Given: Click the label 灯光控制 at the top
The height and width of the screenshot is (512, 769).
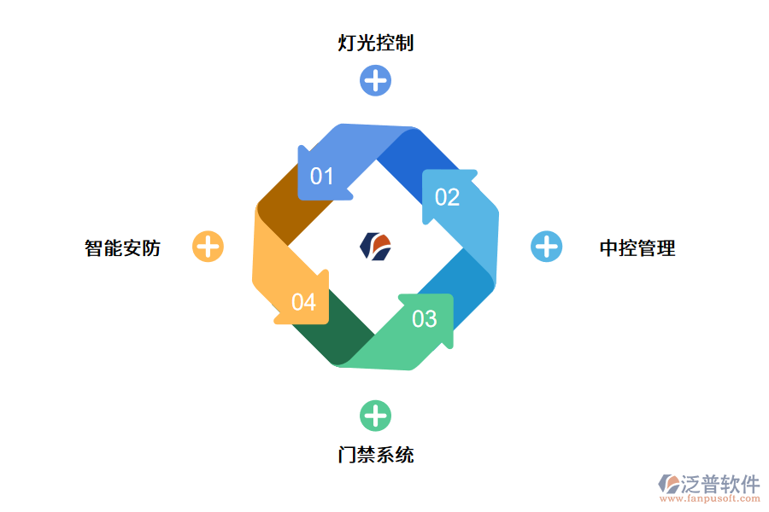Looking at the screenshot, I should [x=376, y=42].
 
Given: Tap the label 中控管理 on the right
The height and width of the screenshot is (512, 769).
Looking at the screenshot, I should [x=637, y=248].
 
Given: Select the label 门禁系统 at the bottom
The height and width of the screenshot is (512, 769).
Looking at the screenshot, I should [x=376, y=455].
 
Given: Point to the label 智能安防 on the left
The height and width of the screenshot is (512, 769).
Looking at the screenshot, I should [x=123, y=248].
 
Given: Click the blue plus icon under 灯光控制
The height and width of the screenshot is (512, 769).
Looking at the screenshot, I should [x=375, y=81].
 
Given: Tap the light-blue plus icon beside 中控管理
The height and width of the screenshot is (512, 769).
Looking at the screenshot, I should [x=547, y=247].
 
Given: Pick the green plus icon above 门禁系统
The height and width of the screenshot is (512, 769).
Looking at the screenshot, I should [x=375, y=416].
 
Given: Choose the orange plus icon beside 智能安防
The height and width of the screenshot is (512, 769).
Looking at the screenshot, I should [x=208, y=247].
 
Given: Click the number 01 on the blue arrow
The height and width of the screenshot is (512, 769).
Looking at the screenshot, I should [x=321, y=177].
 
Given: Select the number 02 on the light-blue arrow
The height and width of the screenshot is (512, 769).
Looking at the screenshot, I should [x=448, y=198].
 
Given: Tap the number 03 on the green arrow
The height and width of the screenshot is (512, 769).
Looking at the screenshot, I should [x=425, y=319].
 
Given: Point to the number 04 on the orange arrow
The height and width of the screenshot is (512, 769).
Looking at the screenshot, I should [x=303, y=302].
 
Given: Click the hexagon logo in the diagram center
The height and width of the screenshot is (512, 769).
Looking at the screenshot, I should [x=376, y=246].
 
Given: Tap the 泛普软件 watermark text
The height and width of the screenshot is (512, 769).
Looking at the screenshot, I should [x=720, y=485].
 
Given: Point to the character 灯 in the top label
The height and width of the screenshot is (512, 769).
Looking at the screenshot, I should [x=348, y=42].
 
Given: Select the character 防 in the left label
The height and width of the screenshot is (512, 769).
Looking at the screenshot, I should [x=151, y=248].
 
